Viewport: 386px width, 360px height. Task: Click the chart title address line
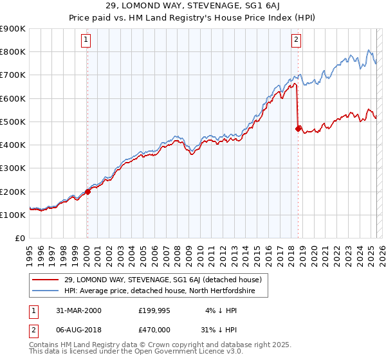click(193, 6)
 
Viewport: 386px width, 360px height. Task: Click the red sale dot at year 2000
click(87, 192)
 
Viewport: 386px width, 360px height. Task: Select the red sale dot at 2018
click(298, 129)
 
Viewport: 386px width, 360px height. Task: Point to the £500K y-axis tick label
click(13, 122)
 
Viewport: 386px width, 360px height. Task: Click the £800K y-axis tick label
click(13, 52)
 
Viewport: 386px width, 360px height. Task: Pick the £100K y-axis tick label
click(13, 215)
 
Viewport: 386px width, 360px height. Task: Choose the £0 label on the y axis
click(19, 239)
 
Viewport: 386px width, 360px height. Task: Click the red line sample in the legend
click(45, 280)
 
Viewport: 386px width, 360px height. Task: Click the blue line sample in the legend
click(45, 291)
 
